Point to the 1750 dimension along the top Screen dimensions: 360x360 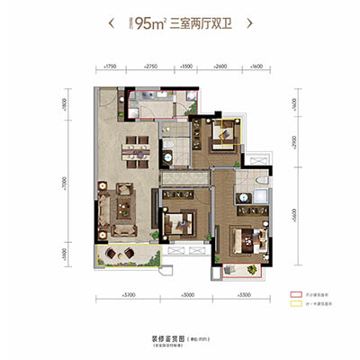tap(112, 67)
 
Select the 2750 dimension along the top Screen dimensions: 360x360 tap(150, 67)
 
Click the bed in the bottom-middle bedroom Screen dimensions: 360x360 tap(183, 224)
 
